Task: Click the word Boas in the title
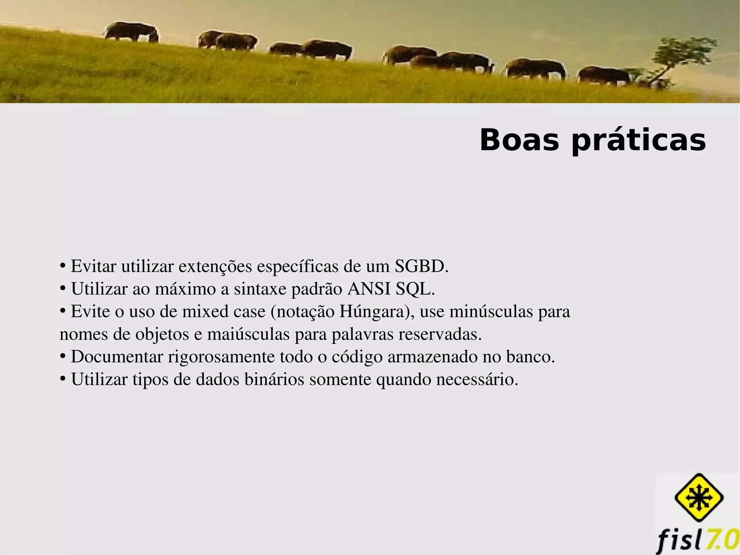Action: pyautogui.click(x=519, y=140)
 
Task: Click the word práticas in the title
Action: pyautogui.click(x=638, y=141)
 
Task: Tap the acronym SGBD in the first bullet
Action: pyautogui.click(x=421, y=266)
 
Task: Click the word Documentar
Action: pyautogui.click(x=117, y=357)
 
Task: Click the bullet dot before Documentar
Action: pyautogui.click(x=63, y=356)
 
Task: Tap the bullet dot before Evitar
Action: pyautogui.click(x=63, y=266)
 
